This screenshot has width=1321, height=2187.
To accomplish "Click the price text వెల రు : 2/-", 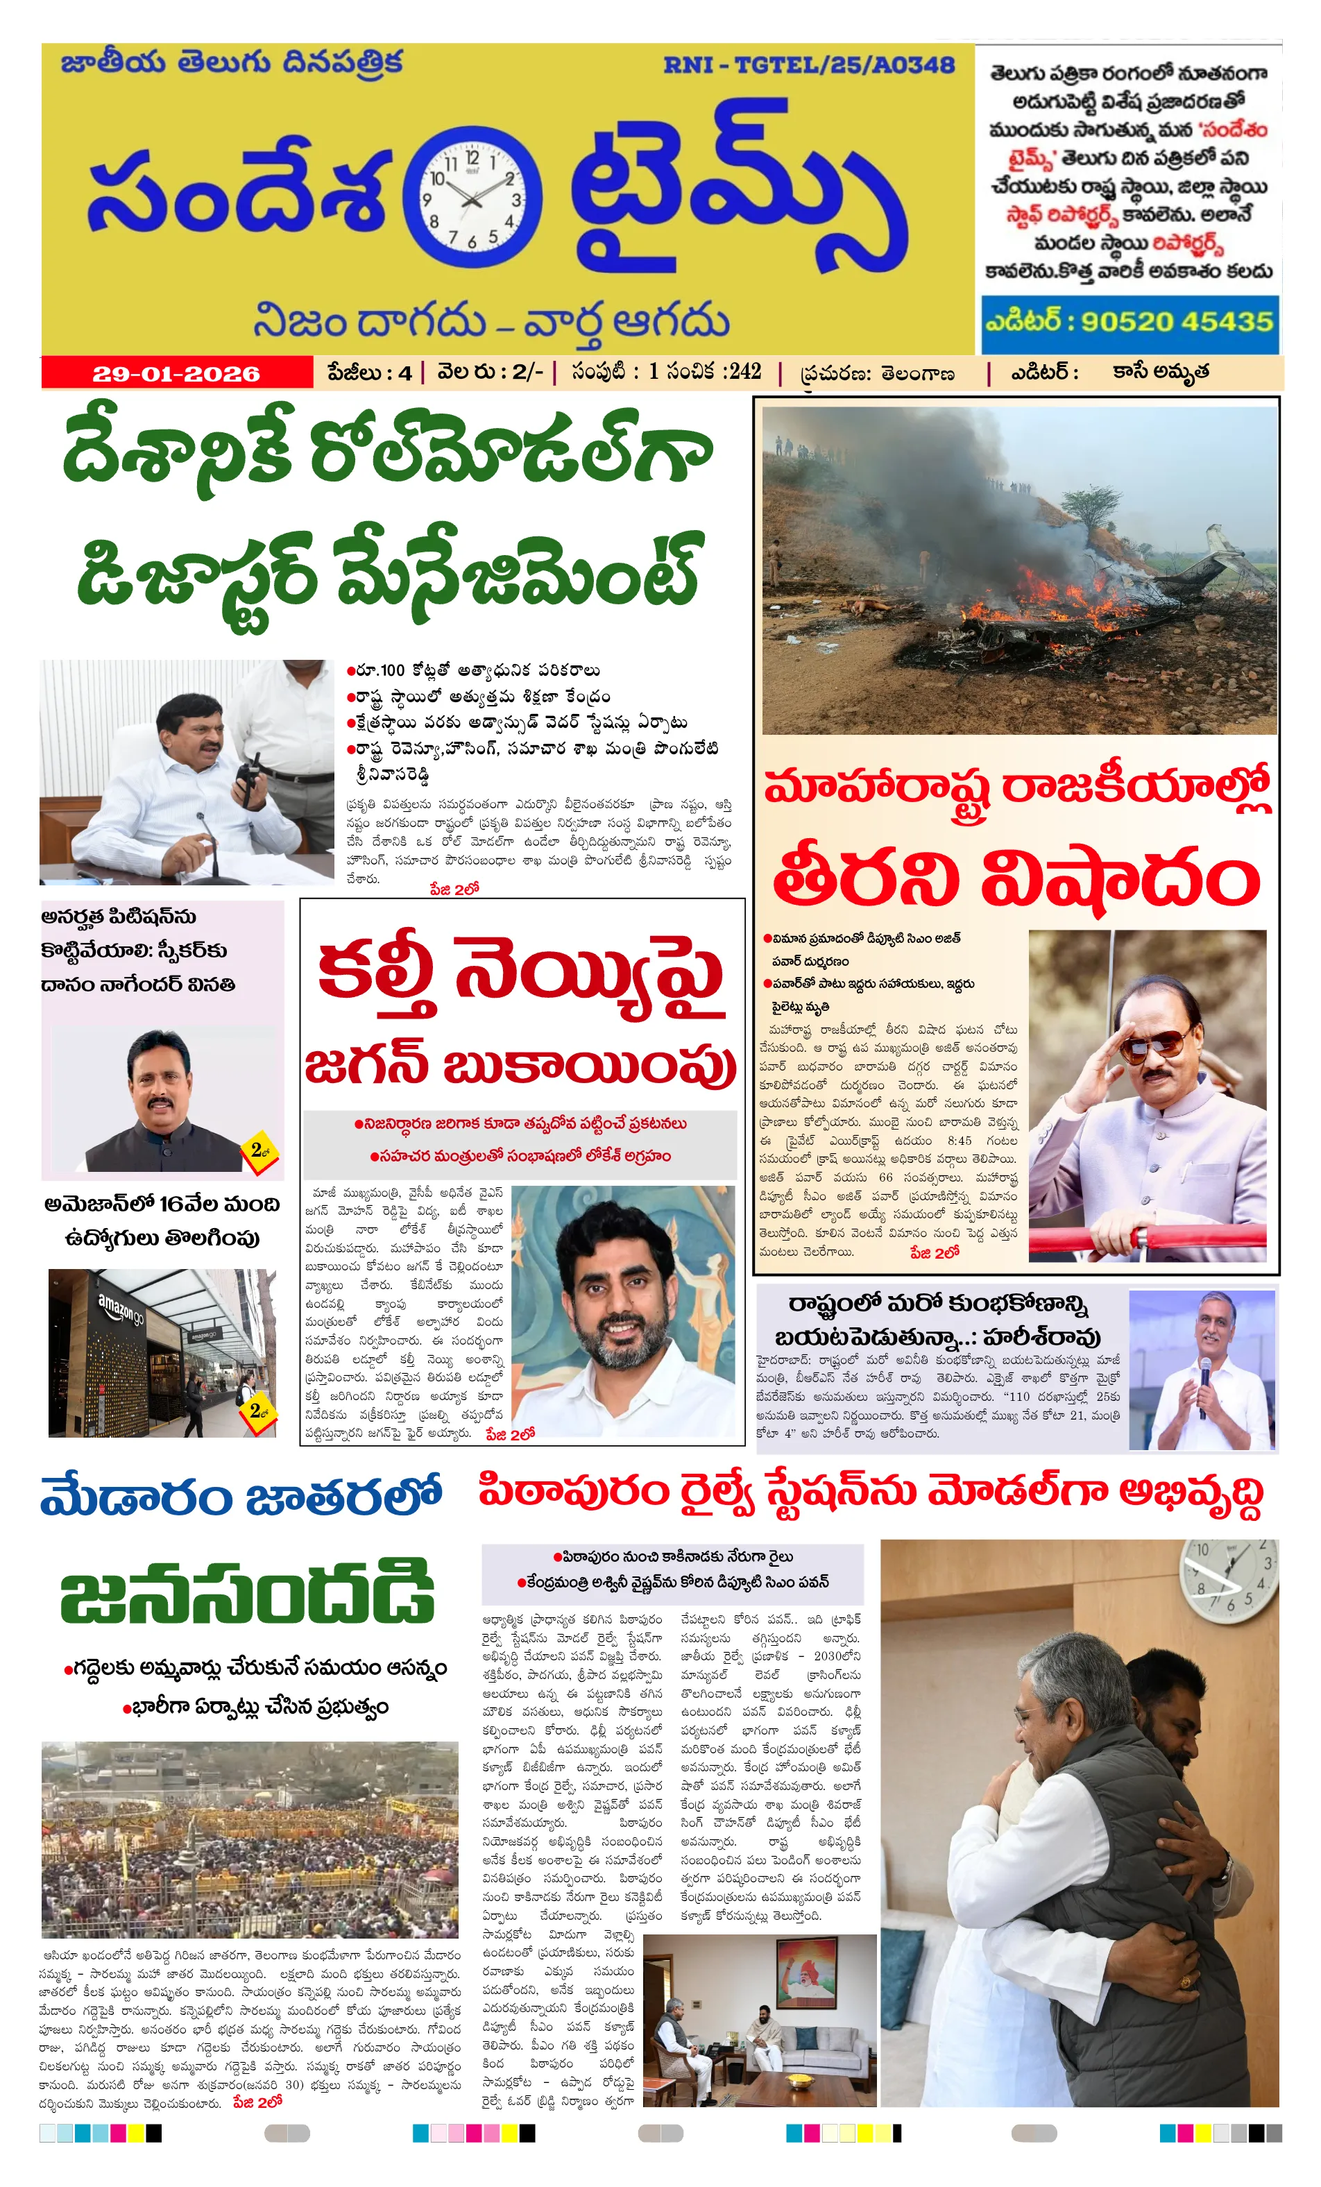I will point(489,372).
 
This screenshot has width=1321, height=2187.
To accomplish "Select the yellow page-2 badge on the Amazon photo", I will point(257,1409).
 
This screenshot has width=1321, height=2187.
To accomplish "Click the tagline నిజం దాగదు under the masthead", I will point(368,321).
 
